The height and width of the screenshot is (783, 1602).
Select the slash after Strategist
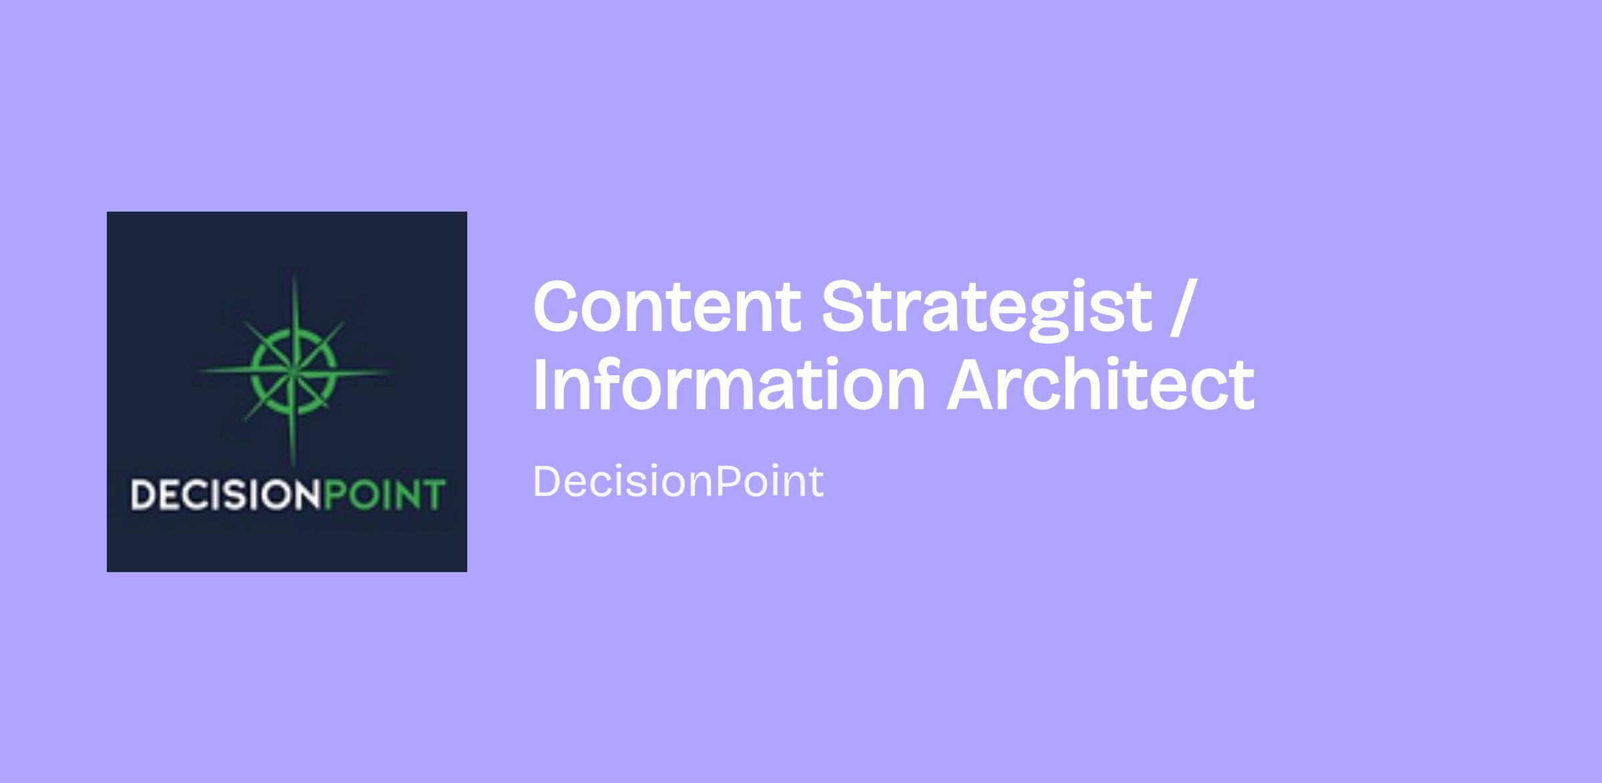point(1180,308)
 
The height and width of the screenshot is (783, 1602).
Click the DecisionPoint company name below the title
point(678,481)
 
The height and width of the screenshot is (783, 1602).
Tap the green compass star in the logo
point(293,371)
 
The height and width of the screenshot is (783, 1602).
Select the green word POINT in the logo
point(384,494)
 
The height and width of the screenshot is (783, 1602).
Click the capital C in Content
point(560,306)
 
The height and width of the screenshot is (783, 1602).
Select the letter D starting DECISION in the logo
point(142,495)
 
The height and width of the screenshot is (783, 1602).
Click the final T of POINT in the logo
point(434,495)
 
